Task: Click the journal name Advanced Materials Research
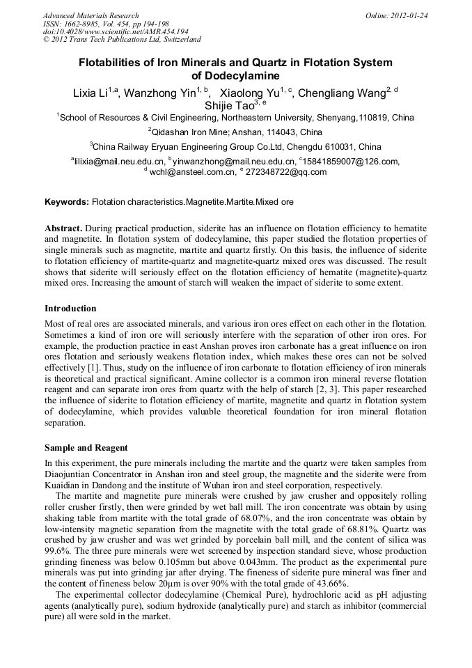pos(91,15)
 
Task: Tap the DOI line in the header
pos(116,31)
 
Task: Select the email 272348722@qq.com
pos(286,172)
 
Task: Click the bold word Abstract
pos(64,228)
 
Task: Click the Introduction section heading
pos(70,309)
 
